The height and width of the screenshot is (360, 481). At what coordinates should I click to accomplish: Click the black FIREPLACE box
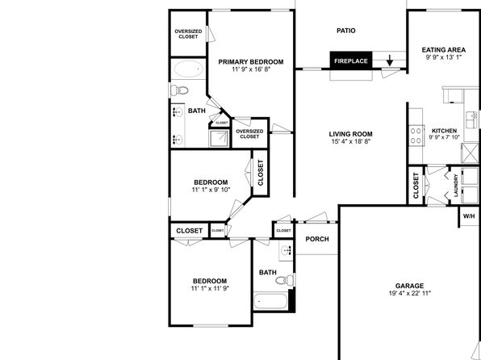(x=351, y=61)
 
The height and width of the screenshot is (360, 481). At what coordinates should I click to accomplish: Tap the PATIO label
(x=346, y=31)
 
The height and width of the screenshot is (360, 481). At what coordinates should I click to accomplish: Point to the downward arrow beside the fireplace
(x=390, y=61)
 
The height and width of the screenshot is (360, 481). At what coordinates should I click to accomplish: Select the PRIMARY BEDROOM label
(x=251, y=62)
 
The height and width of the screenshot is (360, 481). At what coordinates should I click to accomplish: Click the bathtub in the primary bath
(x=188, y=69)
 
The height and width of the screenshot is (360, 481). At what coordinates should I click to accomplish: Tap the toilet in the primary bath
(x=179, y=90)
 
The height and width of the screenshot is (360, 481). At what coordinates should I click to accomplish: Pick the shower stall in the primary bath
(x=219, y=138)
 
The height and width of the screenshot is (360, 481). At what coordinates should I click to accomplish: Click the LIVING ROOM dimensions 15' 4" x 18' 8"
(x=351, y=141)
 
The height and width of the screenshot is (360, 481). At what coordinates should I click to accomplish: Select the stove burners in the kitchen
(x=416, y=136)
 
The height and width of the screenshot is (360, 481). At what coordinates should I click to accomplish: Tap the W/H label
(x=469, y=216)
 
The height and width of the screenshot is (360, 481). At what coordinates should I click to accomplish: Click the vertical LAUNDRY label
(x=455, y=186)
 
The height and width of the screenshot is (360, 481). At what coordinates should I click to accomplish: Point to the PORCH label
(x=317, y=239)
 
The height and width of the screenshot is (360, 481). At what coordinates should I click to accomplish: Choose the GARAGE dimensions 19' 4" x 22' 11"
(x=410, y=293)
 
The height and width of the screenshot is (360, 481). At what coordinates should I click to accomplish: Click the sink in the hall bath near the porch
(x=287, y=250)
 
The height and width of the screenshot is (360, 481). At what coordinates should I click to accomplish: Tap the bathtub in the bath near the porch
(x=270, y=301)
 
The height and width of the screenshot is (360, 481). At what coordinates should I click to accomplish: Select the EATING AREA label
(x=444, y=50)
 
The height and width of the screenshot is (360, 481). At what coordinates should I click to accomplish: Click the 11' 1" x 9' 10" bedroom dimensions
(x=211, y=190)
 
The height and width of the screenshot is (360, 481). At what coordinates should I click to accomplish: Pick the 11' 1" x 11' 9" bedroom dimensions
(x=210, y=288)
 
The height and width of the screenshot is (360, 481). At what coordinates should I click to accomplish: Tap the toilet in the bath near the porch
(x=285, y=280)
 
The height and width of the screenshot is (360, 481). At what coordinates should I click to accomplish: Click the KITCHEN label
(x=444, y=131)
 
